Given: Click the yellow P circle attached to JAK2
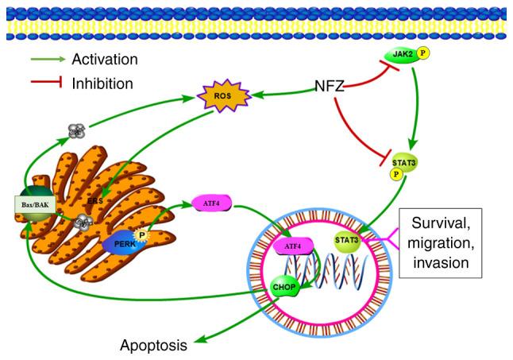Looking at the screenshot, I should (x=423, y=54).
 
